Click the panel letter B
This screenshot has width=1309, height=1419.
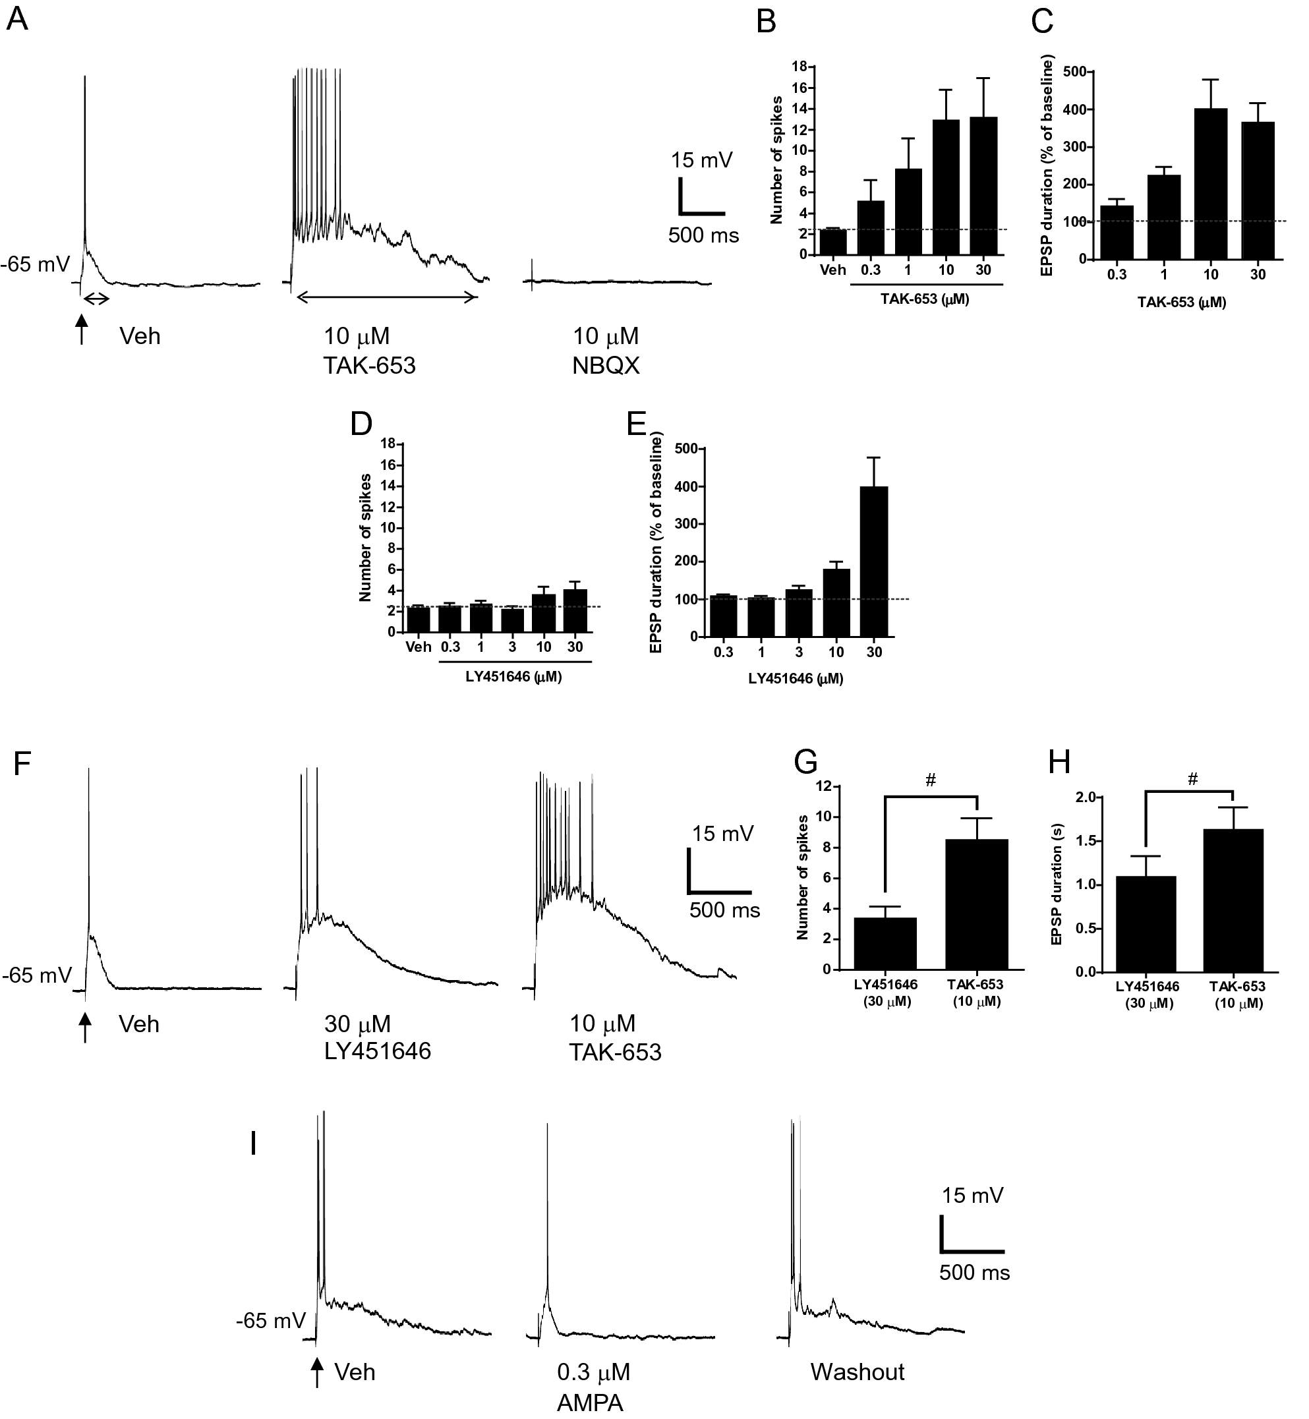coord(767,22)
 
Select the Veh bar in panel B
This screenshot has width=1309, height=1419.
coord(833,242)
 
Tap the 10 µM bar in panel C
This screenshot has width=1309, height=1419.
coord(1210,184)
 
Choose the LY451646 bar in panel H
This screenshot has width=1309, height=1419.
coord(1146,924)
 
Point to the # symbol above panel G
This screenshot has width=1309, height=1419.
coord(931,781)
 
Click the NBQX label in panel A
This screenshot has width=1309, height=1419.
coord(606,366)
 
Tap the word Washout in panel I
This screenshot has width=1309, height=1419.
coord(857,1372)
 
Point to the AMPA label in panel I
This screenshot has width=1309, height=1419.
coord(589,1403)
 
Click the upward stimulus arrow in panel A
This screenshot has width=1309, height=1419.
coord(82,329)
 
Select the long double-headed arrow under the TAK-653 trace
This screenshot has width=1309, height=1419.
coord(387,297)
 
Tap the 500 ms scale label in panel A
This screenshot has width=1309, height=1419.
coord(703,235)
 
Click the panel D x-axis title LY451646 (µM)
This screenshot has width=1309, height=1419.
coord(513,677)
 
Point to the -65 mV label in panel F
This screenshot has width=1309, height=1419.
coord(37,975)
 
